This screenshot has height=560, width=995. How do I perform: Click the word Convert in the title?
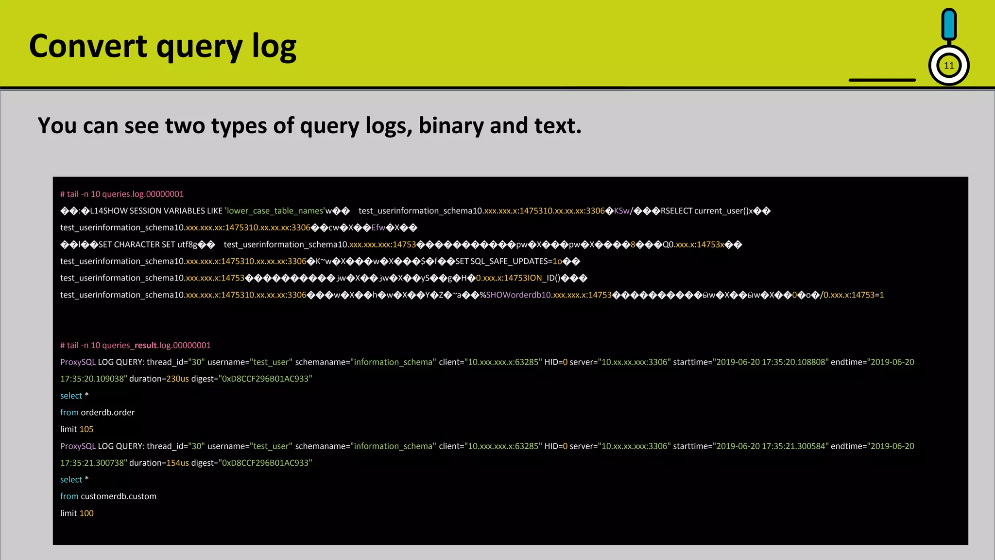click(x=88, y=46)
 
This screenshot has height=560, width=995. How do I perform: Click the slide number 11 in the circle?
click(x=949, y=66)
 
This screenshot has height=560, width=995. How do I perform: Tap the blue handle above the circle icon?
click(x=949, y=24)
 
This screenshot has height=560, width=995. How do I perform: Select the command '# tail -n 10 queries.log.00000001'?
click(x=122, y=194)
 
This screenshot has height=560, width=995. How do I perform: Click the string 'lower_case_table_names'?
click(x=274, y=211)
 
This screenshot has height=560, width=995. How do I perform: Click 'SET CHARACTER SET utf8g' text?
click(x=148, y=245)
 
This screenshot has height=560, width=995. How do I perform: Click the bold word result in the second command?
click(x=146, y=345)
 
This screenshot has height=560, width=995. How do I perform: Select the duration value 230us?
click(x=177, y=379)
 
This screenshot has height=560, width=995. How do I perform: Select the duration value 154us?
click(x=177, y=463)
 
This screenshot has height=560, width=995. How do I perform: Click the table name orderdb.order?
click(x=107, y=412)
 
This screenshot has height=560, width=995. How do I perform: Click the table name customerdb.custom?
click(x=119, y=496)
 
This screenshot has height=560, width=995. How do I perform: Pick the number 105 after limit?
click(x=86, y=429)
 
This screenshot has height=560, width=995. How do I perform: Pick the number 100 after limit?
click(x=86, y=513)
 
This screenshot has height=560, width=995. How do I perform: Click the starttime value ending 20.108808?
click(x=771, y=362)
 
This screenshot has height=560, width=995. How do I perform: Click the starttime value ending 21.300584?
click(x=771, y=446)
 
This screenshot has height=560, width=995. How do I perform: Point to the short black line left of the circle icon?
click(x=882, y=80)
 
